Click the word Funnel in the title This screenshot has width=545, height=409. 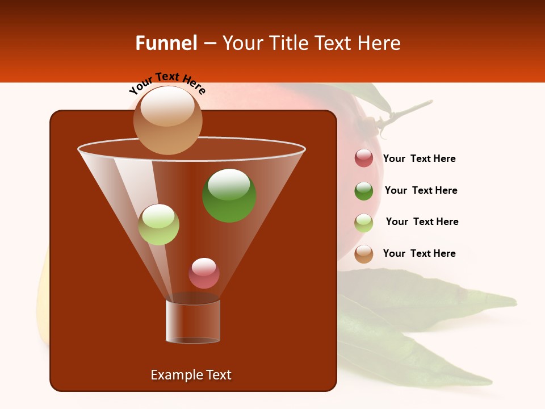pyautogui.click(x=166, y=43)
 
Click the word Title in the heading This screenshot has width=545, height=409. pyautogui.click(x=288, y=43)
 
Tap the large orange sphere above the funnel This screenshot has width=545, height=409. pyautogui.click(x=167, y=120)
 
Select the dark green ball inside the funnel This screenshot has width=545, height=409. pyautogui.click(x=229, y=195)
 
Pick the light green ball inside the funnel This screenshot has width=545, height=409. pyautogui.click(x=158, y=224)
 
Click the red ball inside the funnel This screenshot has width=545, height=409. pyautogui.click(x=204, y=273)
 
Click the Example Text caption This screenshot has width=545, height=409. pyautogui.click(x=191, y=375)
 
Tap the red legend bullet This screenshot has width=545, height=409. pyautogui.click(x=364, y=158)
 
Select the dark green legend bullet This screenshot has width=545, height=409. pyautogui.click(x=364, y=191)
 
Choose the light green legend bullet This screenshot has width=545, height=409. pyautogui.click(x=364, y=223)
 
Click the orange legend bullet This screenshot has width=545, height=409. pyautogui.click(x=364, y=254)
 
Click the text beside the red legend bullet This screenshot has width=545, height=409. pyautogui.click(x=419, y=159)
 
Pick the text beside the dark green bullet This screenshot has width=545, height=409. pyautogui.click(x=421, y=191)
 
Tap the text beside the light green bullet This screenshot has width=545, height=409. pyautogui.click(x=422, y=222)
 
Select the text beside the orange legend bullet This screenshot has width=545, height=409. pyautogui.click(x=419, y=254)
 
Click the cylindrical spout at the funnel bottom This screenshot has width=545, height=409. pyautogui.click(x=193, y=320)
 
